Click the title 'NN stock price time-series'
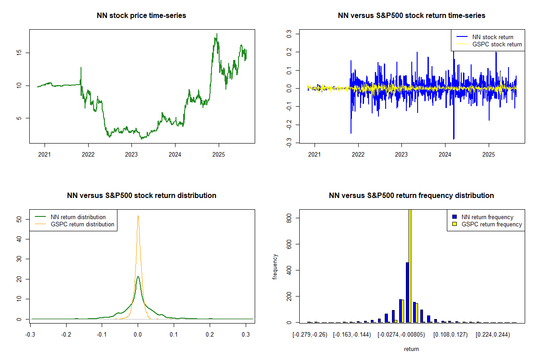[141, 16]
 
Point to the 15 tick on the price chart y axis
[19, 53]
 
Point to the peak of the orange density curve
[138, 216]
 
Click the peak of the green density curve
[138, 277]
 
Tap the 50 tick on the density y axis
[19, 219]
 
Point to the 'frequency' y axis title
[275, 267]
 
